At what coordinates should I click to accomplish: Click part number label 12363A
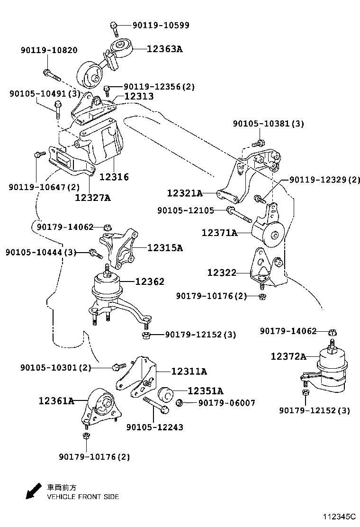pyautogui.click(x=164, y=48)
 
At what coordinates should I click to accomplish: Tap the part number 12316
pyautogui.click(x=114, y=177)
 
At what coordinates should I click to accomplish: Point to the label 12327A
pyautogui.click(x=92, y=197)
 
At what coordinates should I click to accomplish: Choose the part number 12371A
pyautogui.click(x=219, y=233)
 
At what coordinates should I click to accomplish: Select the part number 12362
pyautogui.click(x=150, y=282)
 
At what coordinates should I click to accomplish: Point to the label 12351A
pyautogui.click(x=205, y=391)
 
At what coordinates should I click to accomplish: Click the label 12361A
pyautogui.click(x=56, y=401)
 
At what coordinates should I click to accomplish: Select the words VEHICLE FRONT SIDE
pyautogui.click(x=82, y=497)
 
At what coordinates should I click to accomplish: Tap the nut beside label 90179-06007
pyautogui.click(x=180, y=403)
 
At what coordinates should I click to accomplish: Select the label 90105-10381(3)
pyautogui.click(x=268, y=124)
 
